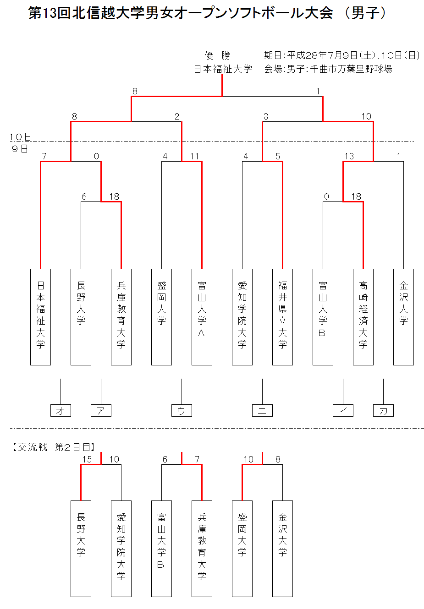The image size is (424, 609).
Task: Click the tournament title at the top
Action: (x=208, y=13)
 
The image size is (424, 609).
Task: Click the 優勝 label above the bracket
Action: (x=217, y=56)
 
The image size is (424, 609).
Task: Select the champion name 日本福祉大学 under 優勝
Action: (x=223, y=69)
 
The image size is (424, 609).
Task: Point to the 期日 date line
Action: (x=341, y=55)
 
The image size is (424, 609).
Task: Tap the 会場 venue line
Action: (x=328, y=69)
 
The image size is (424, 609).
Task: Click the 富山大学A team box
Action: (x=202, y=317)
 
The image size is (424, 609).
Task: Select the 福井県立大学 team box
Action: (x=282, y=317)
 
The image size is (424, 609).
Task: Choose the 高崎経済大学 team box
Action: (x=363, y=317)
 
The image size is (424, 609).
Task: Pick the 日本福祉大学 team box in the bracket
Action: (x=40, y=317)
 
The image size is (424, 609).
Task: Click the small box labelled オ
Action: (x=61, y=410)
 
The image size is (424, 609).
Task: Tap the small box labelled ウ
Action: (x=182, y=410)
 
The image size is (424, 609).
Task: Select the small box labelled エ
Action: (x=262, y=410)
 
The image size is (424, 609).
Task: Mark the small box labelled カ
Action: (x=383, y=410)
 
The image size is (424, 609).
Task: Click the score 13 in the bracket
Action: (x=349, y=156)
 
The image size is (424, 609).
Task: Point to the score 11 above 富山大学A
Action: (x=194, y=156)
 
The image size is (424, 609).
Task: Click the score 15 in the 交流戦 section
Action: (x=87, y=459)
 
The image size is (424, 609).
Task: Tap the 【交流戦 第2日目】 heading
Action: (x=52, y=447)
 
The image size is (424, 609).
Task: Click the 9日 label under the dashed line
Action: (x=20, y=149)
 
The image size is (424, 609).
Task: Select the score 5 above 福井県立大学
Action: (x=278, y=156)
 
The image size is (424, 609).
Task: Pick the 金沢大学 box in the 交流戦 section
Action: (x=282, y=549)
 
